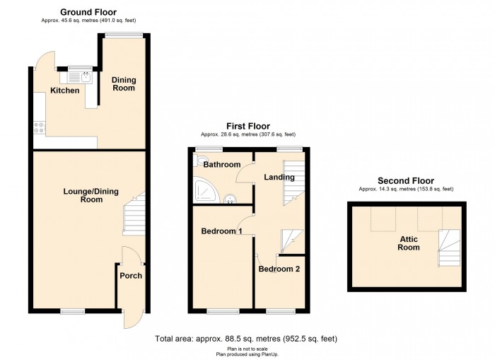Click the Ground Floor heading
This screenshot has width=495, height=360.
click(88, 12)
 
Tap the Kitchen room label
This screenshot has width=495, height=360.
click(65, 91)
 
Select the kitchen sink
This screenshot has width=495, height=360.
click(79, 77)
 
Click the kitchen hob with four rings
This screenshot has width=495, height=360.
click(40, 127)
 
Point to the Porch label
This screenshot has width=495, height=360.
click(131, 276)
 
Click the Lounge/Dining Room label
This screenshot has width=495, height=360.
click(91, 195)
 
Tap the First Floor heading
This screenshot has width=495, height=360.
click(248, 127)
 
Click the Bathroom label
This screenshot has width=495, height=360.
click(222, 165)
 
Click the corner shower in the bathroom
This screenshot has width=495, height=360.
click(206, 191)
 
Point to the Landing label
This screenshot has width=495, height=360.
click(279, 177)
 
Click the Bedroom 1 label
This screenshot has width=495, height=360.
click(221, 231)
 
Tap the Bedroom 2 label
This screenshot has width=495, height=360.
click(279, 269)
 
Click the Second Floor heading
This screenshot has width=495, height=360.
click(406, 181)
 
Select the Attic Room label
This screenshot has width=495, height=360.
click(409, 243)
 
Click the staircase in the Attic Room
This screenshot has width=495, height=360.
click(449, 248)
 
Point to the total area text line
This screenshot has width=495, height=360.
click(246, 339)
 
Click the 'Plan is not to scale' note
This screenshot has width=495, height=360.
click(248, 349)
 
